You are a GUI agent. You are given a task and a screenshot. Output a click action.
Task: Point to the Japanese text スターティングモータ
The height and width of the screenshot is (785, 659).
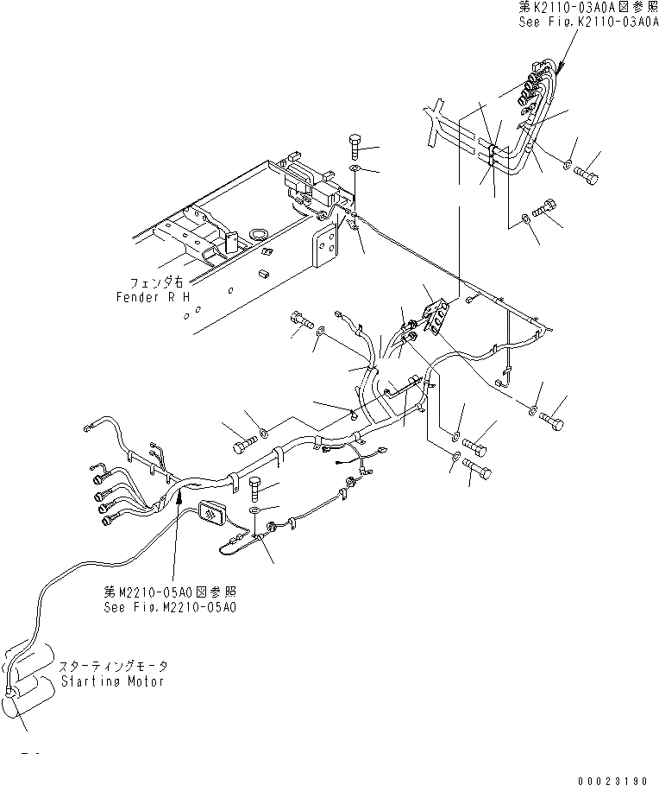[114, 667]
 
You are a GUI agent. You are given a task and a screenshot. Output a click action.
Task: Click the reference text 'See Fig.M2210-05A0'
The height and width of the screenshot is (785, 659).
[167, 606]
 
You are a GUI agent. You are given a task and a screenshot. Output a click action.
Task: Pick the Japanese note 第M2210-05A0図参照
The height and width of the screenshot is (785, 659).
[167, 592]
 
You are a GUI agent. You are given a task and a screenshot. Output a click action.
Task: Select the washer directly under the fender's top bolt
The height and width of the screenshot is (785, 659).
[355, 168]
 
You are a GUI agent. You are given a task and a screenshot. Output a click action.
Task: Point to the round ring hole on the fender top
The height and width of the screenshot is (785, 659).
[257, 234]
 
